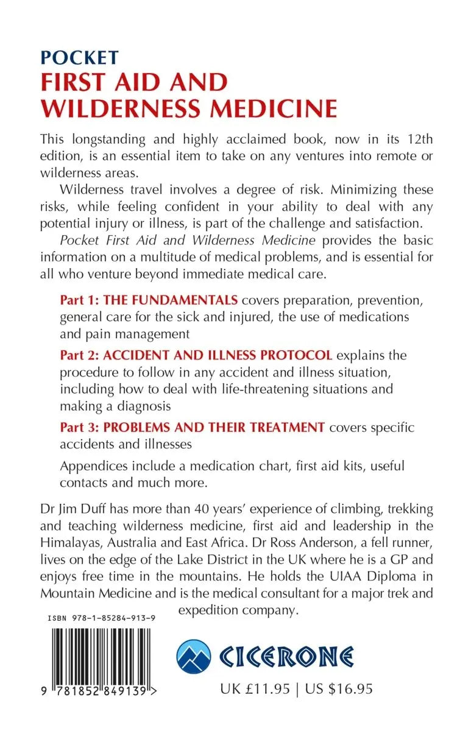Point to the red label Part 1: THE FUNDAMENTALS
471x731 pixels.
tap(148, 300)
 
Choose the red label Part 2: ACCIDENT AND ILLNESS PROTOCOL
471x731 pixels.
tap(196, 355)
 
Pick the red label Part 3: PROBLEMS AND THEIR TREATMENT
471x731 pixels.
tap(192, 427)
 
